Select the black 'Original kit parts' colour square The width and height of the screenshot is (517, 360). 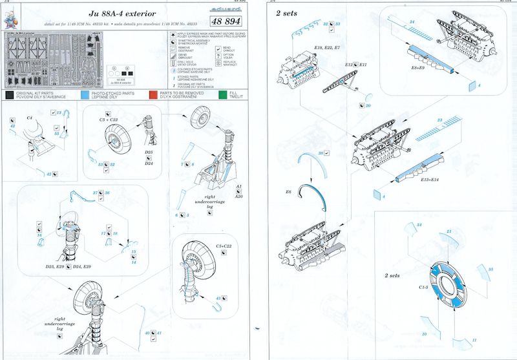[x=8, y=94]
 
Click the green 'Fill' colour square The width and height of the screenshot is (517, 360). [x=223, y=94]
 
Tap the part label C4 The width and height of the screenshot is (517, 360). [x=30, y=119]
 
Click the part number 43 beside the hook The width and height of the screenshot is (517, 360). [x=49, y=174]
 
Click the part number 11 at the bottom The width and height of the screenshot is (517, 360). [x=474, y=340]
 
